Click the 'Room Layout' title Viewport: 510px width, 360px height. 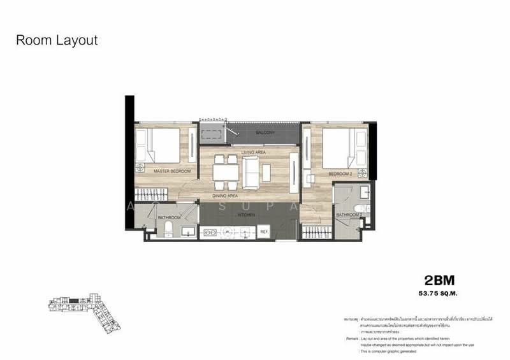(57, 41)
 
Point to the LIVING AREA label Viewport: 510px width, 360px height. (253, 153)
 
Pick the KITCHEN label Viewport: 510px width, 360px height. (246, 215)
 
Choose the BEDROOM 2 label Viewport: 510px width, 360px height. (340, 173)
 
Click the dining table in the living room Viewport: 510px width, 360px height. (226, 173)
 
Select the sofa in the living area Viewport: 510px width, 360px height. (250, 171)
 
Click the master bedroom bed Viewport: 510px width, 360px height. (164, 146)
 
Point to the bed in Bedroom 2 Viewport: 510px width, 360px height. (343, 146)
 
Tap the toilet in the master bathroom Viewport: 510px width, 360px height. (168, 229)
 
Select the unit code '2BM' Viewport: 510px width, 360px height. (442, 280)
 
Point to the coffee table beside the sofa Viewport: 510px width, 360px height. (266, 172)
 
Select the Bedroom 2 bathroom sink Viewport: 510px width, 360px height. (364, 191)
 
